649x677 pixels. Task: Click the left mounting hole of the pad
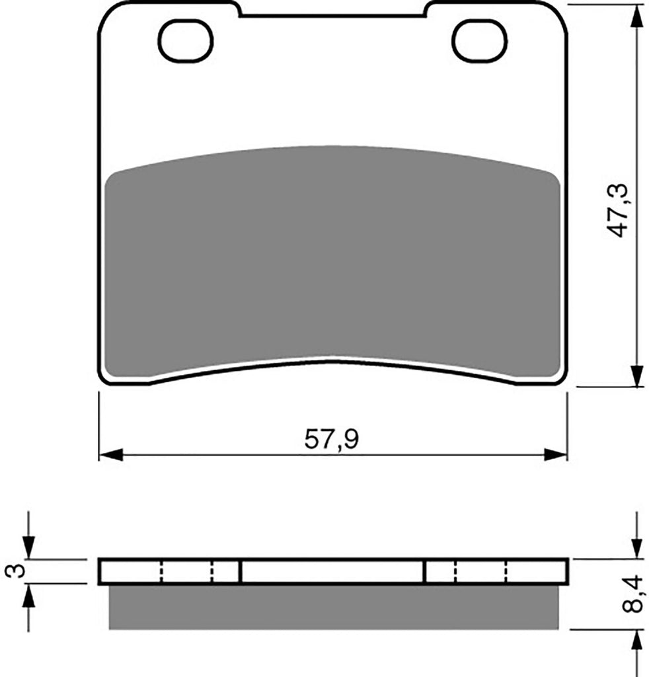186,41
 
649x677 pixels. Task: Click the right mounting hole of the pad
479,41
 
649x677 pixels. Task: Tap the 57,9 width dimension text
331,440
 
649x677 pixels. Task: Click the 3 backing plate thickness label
15,571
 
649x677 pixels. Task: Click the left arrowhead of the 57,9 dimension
111,455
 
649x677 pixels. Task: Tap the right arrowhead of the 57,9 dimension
555,455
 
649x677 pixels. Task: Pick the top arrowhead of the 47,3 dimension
637,17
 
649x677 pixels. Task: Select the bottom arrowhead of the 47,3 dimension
637,374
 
